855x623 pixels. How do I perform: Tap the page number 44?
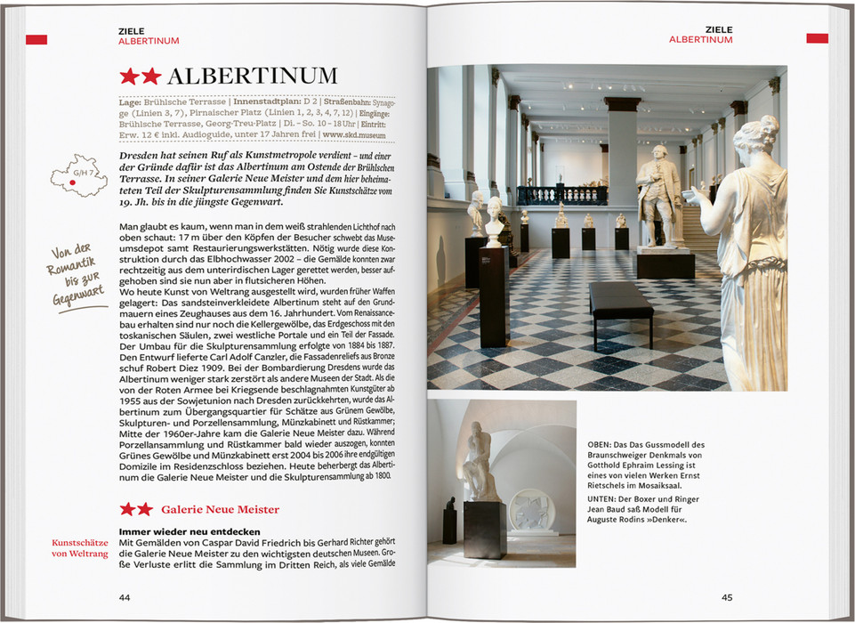pos(125,596)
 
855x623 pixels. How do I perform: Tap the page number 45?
pos(727,596)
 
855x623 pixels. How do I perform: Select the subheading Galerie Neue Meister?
pos(221,509)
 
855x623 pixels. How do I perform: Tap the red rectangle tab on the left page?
pos(36,39)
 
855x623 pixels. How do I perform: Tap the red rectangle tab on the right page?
pos(817,38)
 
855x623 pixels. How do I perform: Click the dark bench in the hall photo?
pos(620,303)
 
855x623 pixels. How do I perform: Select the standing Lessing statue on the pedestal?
pos(659,196)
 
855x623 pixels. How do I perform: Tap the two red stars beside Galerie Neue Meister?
pos(136,509)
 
